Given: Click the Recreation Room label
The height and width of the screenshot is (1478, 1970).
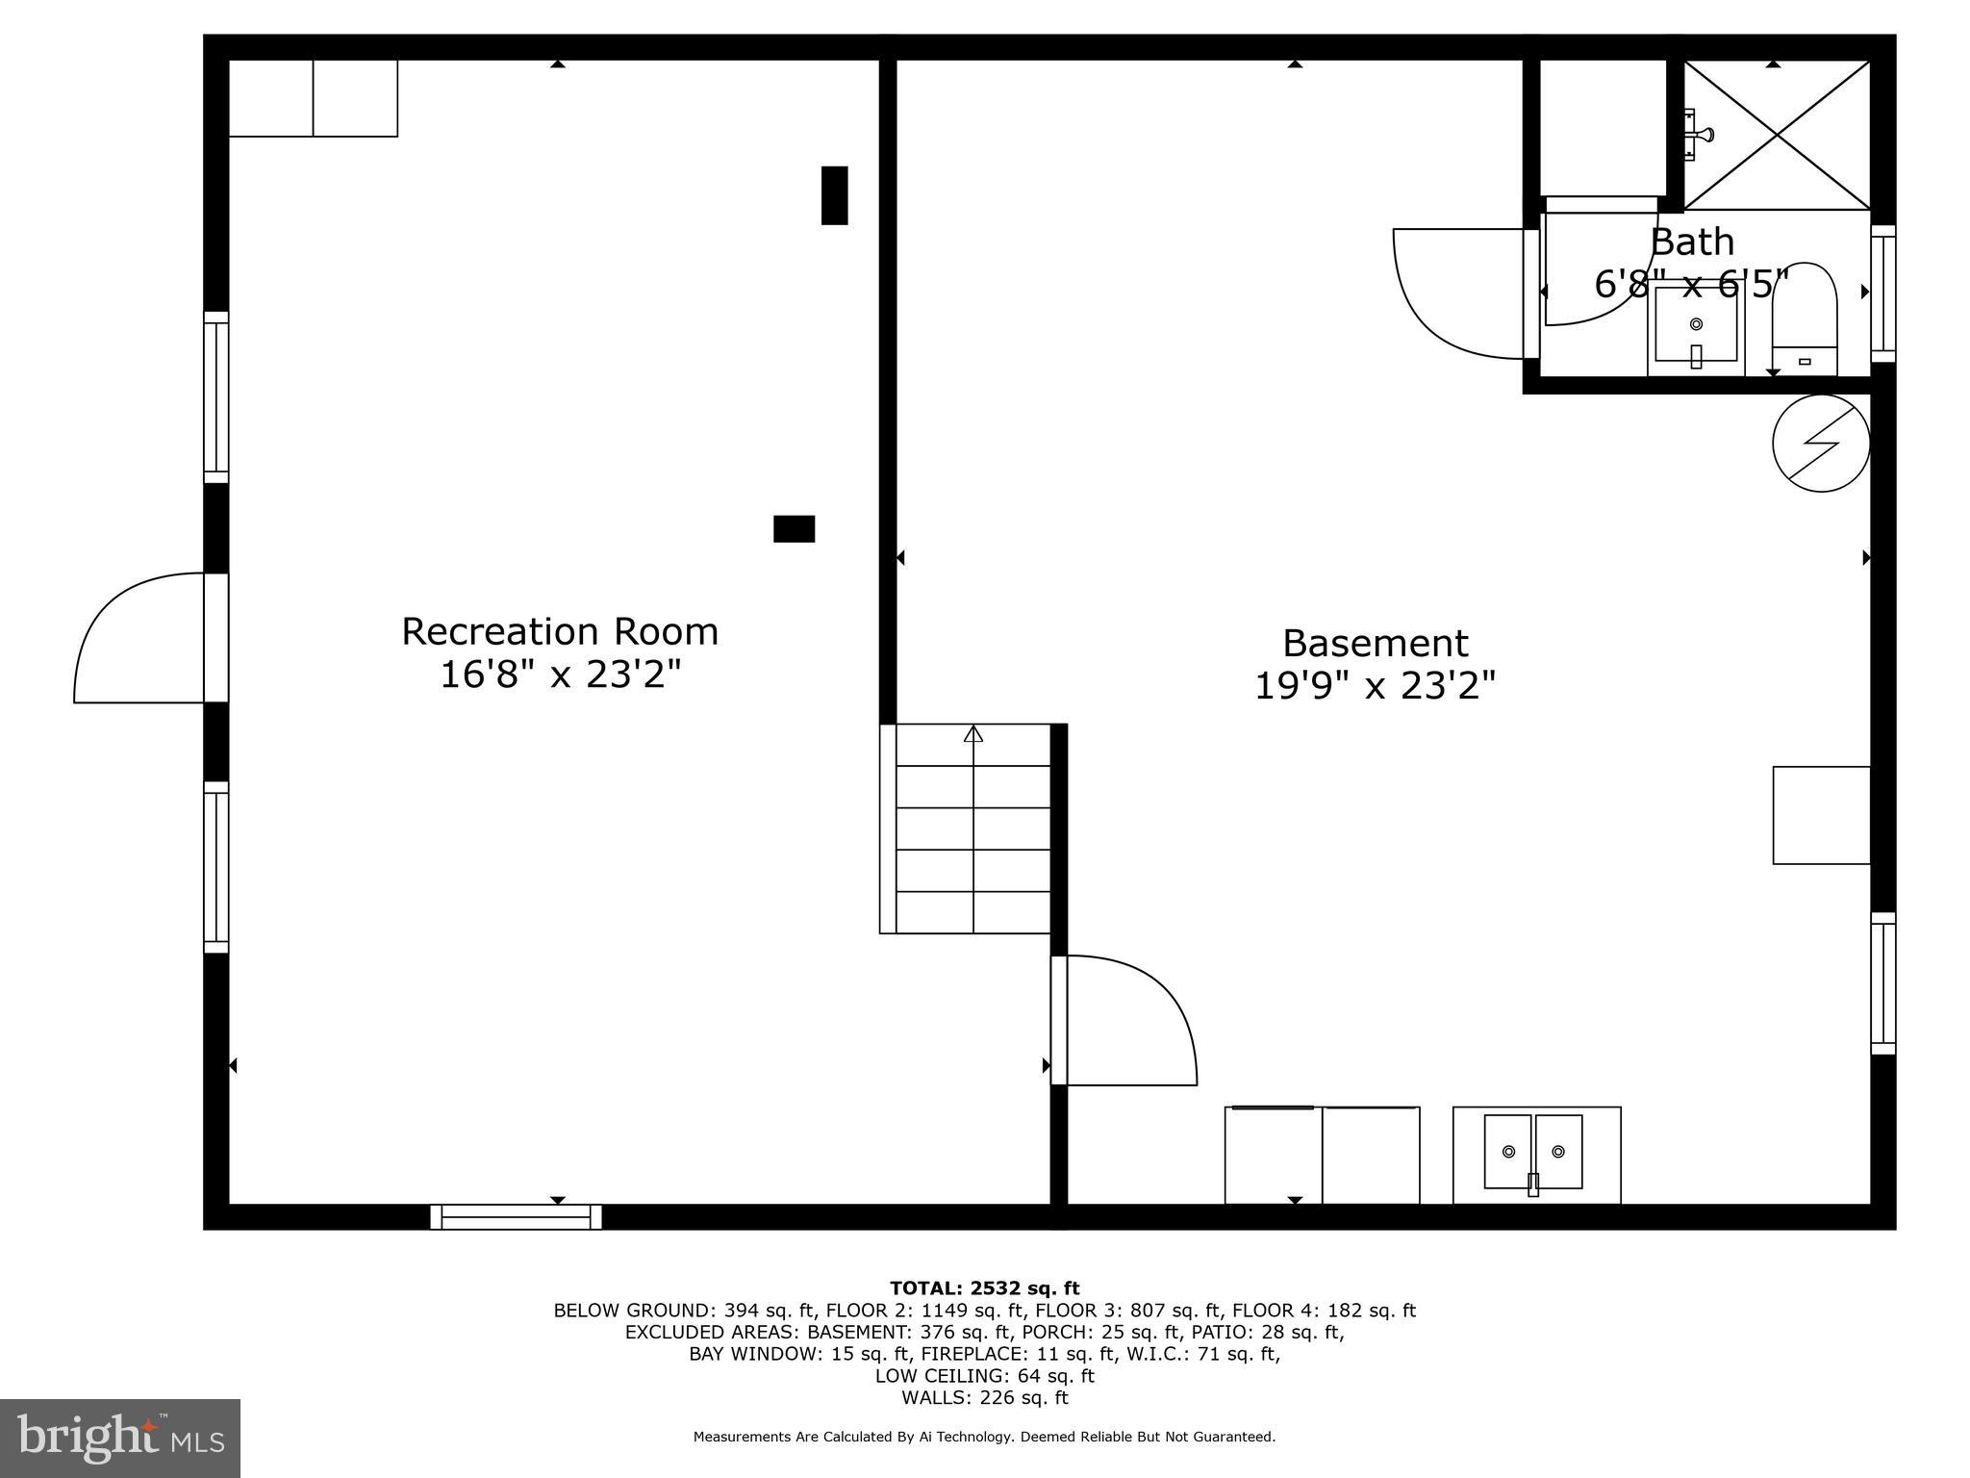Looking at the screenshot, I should point(560,632).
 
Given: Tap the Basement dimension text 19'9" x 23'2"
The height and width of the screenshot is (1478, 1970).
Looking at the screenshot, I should point(1375,686).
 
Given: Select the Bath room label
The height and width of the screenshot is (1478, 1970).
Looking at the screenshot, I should point(1692,242).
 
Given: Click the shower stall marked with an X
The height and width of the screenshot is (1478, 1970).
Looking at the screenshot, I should point(1776,135).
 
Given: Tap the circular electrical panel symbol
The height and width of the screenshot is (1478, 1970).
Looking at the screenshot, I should point(1821,444).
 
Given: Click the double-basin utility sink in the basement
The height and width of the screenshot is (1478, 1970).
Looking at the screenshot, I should point(1535,1154).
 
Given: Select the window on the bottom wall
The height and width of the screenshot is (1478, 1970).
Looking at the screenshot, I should point(516,1217).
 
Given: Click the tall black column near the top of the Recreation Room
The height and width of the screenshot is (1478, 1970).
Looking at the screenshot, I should point(834,195).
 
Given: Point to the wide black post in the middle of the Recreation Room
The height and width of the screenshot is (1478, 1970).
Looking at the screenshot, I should point(794,529).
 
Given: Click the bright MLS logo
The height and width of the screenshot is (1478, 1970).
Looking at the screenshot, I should point(120,1438).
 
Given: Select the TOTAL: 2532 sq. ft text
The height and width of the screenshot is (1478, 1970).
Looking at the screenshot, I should point(984,1288).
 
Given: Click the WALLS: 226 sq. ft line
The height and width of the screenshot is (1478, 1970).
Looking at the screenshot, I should point(984,1398).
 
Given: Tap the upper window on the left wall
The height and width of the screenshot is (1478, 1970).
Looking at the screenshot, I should point(216,397).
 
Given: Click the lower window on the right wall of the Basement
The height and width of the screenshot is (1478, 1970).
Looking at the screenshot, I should point(1882,983).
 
